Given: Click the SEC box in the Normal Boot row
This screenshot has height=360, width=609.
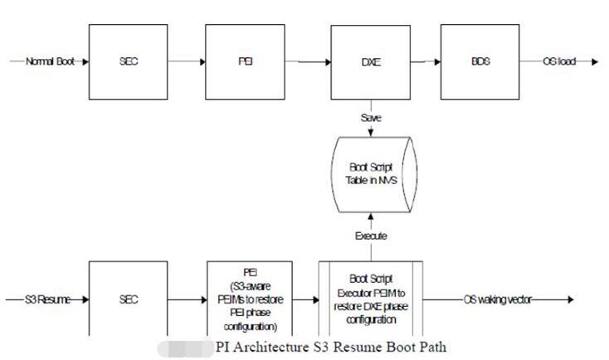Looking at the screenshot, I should [129, 62].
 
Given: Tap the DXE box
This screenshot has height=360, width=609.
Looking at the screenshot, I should [370, 62].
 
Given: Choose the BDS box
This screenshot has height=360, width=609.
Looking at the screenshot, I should [479, 62].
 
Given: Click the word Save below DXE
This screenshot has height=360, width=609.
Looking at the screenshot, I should [370, 118].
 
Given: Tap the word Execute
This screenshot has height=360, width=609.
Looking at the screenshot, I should [370, 236].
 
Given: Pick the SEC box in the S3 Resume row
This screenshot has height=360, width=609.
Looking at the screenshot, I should [129, 299].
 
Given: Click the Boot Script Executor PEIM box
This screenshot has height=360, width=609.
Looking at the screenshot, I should [370, 299].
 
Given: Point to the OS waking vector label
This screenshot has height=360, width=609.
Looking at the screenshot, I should [497, 299].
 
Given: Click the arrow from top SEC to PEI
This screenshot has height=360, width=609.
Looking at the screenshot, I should [183, 62].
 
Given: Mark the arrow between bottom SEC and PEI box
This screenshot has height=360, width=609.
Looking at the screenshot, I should [188, 299].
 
